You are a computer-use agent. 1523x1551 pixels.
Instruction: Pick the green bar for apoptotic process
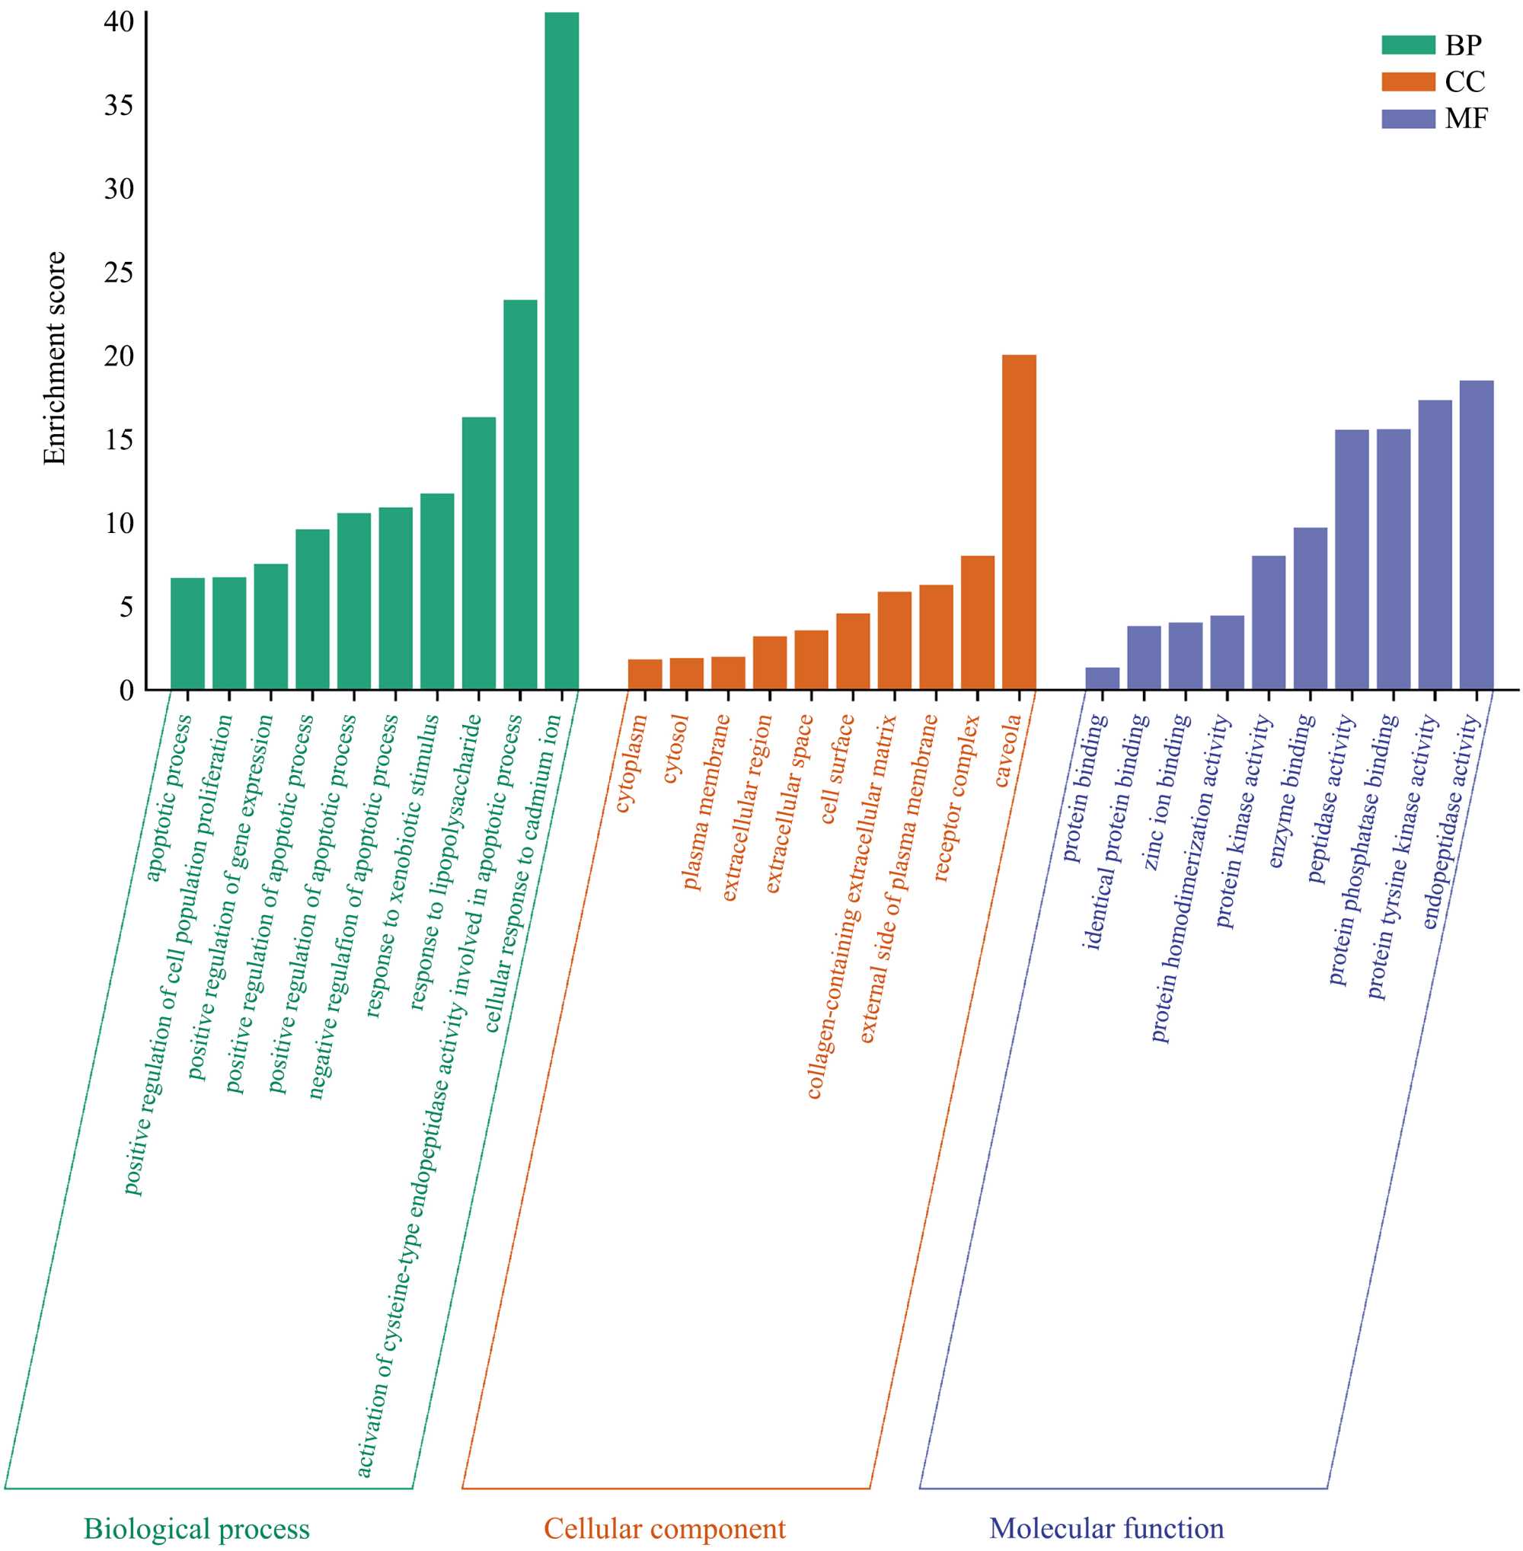pyautogui.click(x=187, y=633)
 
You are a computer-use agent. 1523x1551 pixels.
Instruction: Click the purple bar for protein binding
pyautogui.click(x=1102, y=678)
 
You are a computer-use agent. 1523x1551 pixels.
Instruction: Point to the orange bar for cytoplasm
pyautogui.click(x=645, y=674)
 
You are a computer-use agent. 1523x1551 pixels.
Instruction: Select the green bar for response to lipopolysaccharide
pyautogui.click(x=478, y=553)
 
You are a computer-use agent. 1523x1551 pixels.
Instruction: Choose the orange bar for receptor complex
pyautogui.click(x=977, y=622)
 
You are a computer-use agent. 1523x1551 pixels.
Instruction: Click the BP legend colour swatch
pyautogui.click(x=1408, y=45)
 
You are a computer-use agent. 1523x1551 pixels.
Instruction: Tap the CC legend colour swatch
pyautogui.click(x=1408, y=81)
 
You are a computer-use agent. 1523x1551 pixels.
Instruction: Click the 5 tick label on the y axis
pyautogui.click(x=126, y=607)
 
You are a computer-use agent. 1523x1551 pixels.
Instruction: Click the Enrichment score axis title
pyautogui.click(x=54, y=358)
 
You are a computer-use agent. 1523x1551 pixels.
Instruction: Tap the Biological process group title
pyautogui.click(x=196, y=1528)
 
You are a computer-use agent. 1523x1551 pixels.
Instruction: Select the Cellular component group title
pyautogui.click(x=665, y=1528)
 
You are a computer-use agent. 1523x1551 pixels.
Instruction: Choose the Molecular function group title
pyautogui.click(x=1106, y=1528)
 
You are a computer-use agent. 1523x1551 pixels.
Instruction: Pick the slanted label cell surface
pyautogui.click(x=838, y=769)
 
